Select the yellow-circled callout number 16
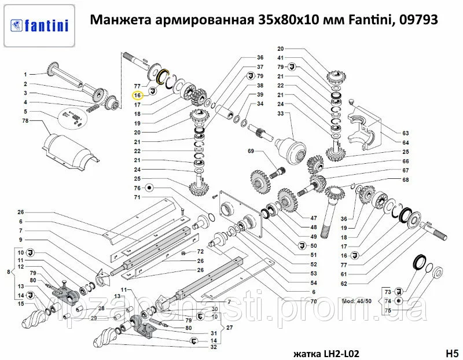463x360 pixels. tap(138, 95)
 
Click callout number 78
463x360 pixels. tap(25, 121)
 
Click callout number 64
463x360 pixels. tap(406, 142)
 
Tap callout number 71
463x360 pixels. tap(138, 197)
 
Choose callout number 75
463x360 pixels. tap(388, 311)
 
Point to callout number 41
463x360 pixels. tap(281, 58)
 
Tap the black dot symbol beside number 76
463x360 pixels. tap(149, 188)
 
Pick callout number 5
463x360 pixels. tap(25, 111)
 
